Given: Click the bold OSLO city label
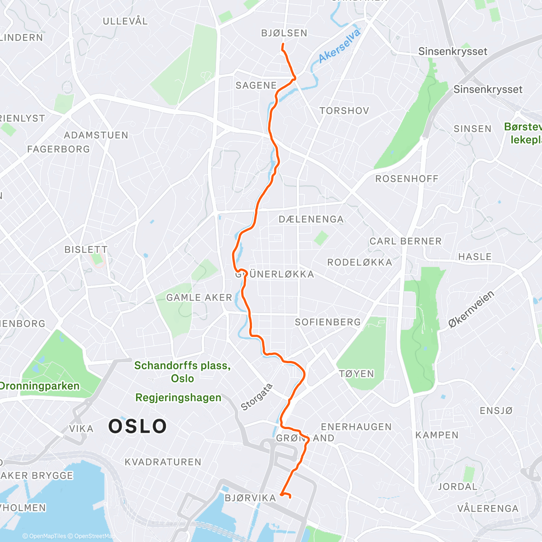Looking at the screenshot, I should coord(138,426).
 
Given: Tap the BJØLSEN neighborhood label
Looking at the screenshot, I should coord(284,33).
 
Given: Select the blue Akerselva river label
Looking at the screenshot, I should coord(340,46).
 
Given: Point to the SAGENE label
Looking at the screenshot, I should coord(256,85).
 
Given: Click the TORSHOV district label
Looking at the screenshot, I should coord(344,111).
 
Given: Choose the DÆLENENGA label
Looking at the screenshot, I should coord(311,220).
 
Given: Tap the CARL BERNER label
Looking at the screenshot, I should coord(405,241).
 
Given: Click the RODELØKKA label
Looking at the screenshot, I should coord(360,262).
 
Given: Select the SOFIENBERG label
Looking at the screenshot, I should coord(328,322).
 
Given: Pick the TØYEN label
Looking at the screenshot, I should coord(356,374).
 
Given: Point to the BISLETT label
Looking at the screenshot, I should coord(86,249).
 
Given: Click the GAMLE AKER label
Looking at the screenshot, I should coord(199,298).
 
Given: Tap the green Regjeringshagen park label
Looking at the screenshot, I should coord(178,397).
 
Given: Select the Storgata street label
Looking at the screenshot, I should coord(257,397).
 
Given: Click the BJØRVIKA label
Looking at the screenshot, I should coord(250,498).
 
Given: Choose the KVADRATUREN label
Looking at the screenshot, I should coord(163,462).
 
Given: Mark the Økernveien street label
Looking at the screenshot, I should coord(471,309).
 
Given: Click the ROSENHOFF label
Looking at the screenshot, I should coord(407,179).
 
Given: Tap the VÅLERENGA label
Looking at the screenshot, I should coord(488,509).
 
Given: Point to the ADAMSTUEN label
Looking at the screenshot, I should coord(96,135).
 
